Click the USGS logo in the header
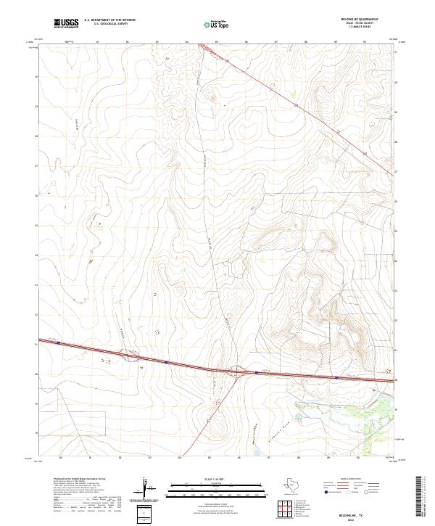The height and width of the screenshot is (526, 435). coord(66,23)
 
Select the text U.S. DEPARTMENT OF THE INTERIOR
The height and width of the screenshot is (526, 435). coord(109,21)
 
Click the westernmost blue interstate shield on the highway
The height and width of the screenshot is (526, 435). coord(58,343)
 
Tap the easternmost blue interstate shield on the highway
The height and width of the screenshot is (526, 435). coord(336,377)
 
